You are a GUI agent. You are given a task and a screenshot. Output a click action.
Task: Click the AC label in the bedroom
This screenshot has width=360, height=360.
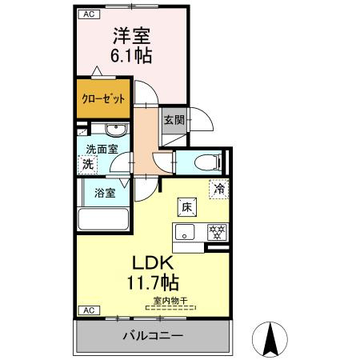tap(89, 14)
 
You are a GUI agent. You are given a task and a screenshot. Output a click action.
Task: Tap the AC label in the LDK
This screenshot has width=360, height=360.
tap(89, 309)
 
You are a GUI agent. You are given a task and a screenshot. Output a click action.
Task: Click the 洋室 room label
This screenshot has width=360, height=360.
tap(131, 37)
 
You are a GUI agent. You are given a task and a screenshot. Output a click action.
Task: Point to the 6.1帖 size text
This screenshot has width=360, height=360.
tap(131, 57)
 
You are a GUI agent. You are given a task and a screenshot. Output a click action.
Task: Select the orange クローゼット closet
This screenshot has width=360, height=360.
tap(105, 99)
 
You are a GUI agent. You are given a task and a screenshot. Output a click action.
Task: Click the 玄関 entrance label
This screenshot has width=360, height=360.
tap(174, 121)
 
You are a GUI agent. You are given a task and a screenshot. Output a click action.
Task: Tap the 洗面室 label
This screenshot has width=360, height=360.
tap(102, 149)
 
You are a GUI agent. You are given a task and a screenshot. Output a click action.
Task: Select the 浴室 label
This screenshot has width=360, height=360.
tap(104, 192)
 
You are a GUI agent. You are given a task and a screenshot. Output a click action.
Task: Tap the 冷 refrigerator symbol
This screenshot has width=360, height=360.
tap(218, 189)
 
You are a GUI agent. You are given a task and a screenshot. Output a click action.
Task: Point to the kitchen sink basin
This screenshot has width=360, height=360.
tap(185, 234)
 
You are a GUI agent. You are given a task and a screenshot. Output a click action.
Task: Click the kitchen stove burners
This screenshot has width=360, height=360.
tap(215, 234)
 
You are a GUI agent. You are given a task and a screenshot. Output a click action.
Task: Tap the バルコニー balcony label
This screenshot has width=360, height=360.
tap(153, 336)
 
